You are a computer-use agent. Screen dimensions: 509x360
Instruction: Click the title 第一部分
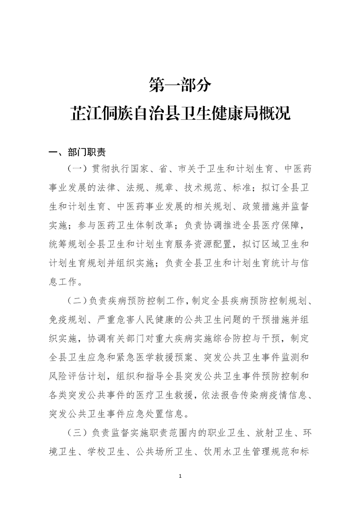[x=180, y=84]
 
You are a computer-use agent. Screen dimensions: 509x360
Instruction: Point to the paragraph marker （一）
[x=78, y=169]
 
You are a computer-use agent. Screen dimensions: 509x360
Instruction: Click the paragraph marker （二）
[x=78, y=300]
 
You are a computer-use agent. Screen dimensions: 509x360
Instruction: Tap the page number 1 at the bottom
[x=180, y=476]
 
